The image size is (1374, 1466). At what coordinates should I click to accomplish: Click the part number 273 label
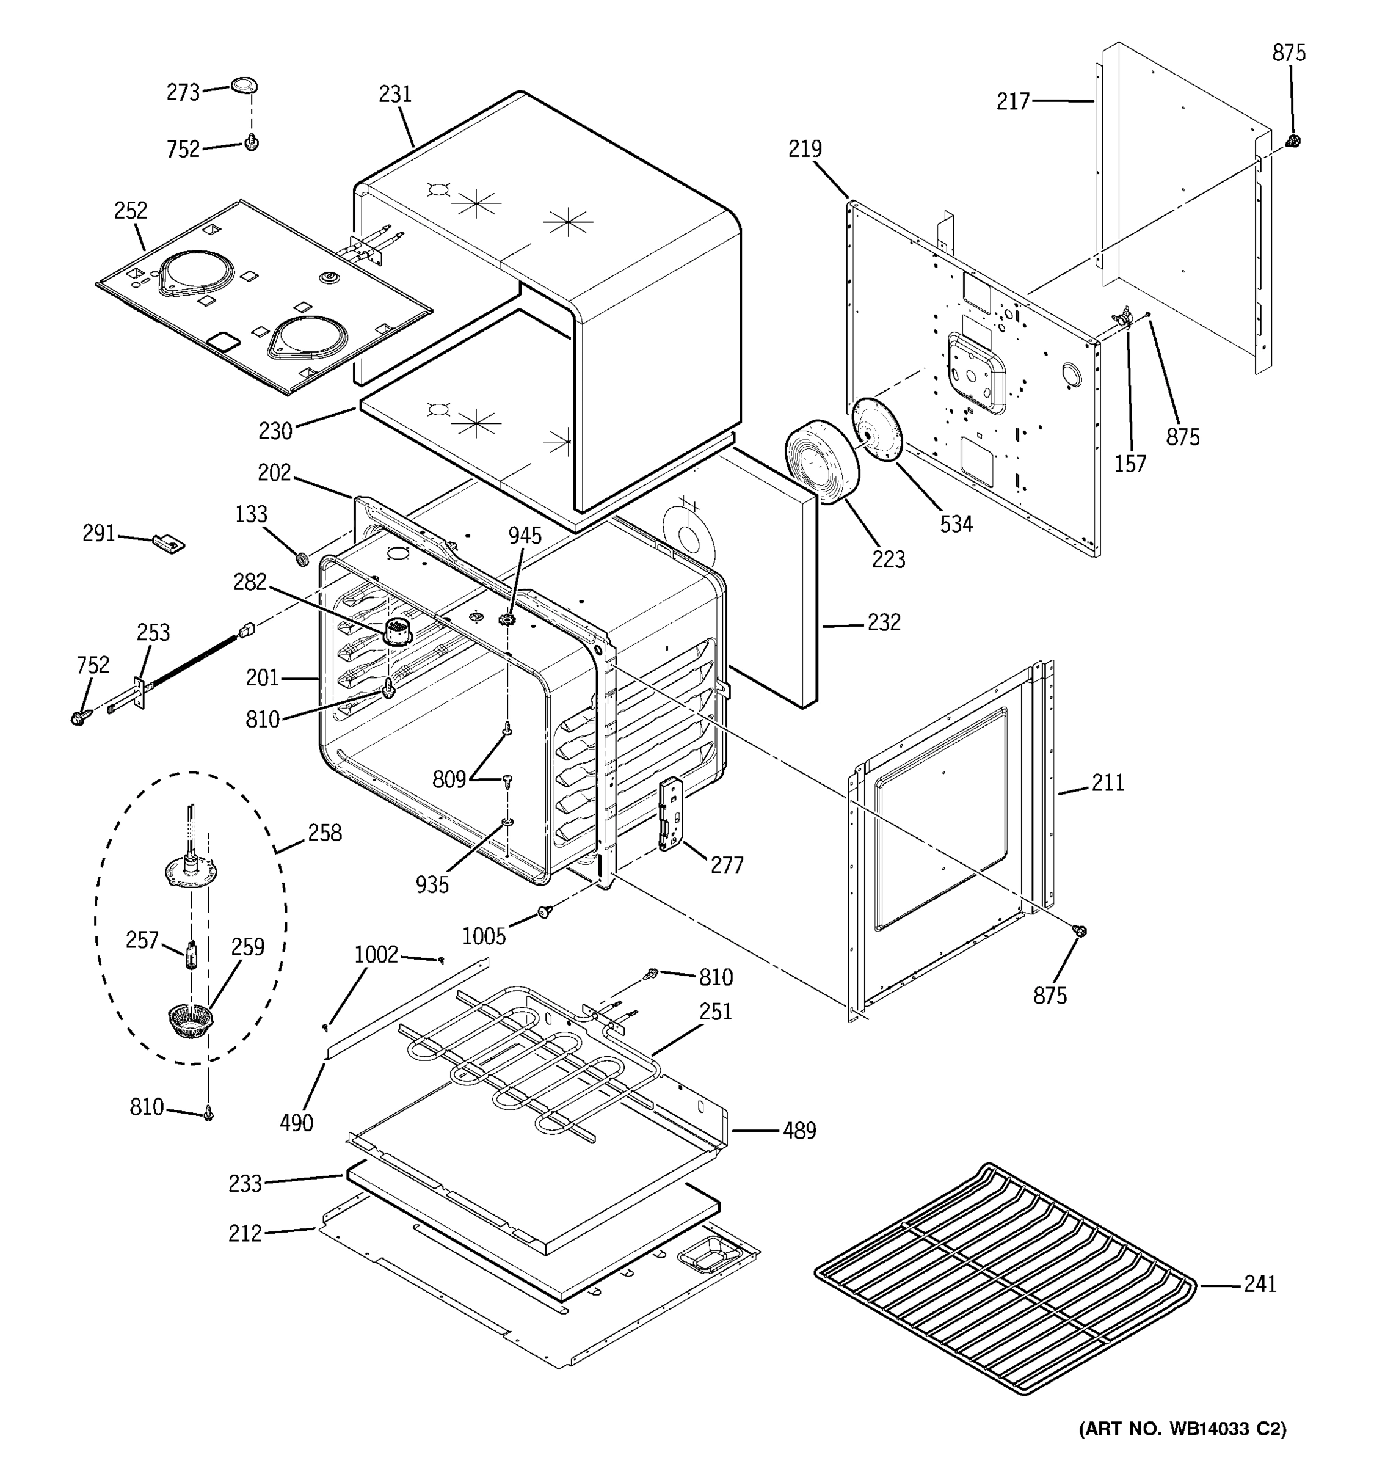(183, 92)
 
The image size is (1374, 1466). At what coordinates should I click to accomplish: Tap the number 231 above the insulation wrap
(395, 95)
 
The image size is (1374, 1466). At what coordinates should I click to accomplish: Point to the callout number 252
(131, 211)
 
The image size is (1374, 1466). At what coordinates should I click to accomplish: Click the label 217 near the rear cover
(1013, 102)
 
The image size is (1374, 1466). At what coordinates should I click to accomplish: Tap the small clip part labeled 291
(169, 544)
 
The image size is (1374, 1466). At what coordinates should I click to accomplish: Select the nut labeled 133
(302, 559)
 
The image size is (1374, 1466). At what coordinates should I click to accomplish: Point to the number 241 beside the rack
(1260, 1284)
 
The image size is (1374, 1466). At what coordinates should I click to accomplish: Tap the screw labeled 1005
(545, 912)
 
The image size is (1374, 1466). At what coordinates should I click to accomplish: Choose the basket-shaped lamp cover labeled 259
(190, 1021)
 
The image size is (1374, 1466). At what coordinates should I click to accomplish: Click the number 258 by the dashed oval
(325, 833)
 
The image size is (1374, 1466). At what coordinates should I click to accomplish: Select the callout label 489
(800, 1131)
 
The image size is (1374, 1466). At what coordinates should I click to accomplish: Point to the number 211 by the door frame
(1108, 782)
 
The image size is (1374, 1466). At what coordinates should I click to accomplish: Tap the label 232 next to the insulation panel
(884, 622)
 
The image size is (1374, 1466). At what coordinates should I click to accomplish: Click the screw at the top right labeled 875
(1291, 140)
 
